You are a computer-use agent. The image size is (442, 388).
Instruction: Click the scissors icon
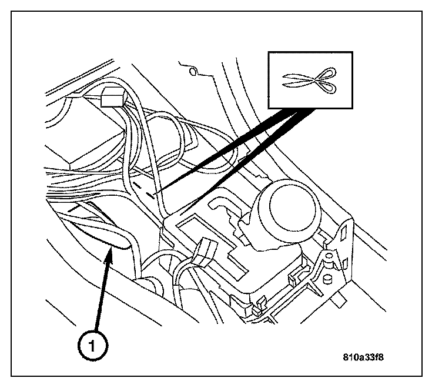coord(310,81)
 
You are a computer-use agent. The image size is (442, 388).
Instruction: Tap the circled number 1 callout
coord(92,345)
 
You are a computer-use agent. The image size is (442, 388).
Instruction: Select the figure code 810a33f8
coord(363,357)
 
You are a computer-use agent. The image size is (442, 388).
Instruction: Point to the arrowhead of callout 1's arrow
coord(110,252)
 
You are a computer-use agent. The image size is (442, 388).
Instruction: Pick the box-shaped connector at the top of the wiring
coord(113,97)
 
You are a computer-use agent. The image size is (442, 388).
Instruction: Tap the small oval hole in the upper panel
coord(193,72)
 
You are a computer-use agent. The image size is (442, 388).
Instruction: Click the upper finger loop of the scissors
coord(327,73)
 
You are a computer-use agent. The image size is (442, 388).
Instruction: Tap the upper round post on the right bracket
coord(329,256)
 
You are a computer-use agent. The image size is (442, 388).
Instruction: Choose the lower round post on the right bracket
coord(327,279)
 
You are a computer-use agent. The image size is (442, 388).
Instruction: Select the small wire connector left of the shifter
coord(205,252)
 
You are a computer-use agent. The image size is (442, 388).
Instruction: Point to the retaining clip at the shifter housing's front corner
coord(259,306)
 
